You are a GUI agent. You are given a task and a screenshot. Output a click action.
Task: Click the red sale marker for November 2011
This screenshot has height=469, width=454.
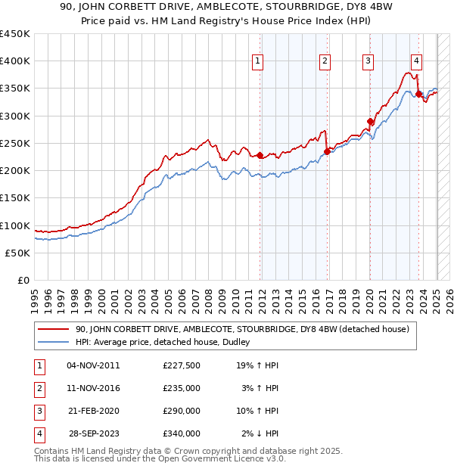point(260,155)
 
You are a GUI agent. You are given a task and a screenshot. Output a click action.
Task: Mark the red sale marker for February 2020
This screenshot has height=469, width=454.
point(370,121)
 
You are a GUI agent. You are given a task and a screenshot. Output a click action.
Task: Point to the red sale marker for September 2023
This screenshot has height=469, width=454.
point(418,94)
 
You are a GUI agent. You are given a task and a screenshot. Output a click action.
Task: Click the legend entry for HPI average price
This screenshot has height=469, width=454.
point(167,343)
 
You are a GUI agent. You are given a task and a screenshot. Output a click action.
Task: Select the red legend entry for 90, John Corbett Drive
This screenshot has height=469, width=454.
point(242,329)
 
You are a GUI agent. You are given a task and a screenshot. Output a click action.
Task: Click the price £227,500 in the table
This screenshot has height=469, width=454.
point(182,366)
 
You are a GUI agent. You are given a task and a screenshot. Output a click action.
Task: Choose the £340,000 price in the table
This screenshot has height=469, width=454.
point(182,434)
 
